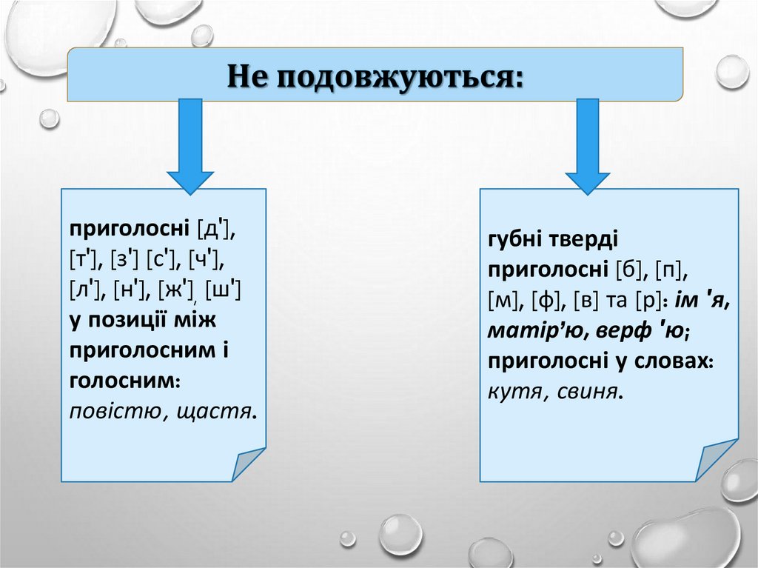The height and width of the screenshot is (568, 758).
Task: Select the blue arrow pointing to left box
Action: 189,148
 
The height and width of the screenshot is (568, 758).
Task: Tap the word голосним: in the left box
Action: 125,379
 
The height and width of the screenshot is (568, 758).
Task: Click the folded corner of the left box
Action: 249,464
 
